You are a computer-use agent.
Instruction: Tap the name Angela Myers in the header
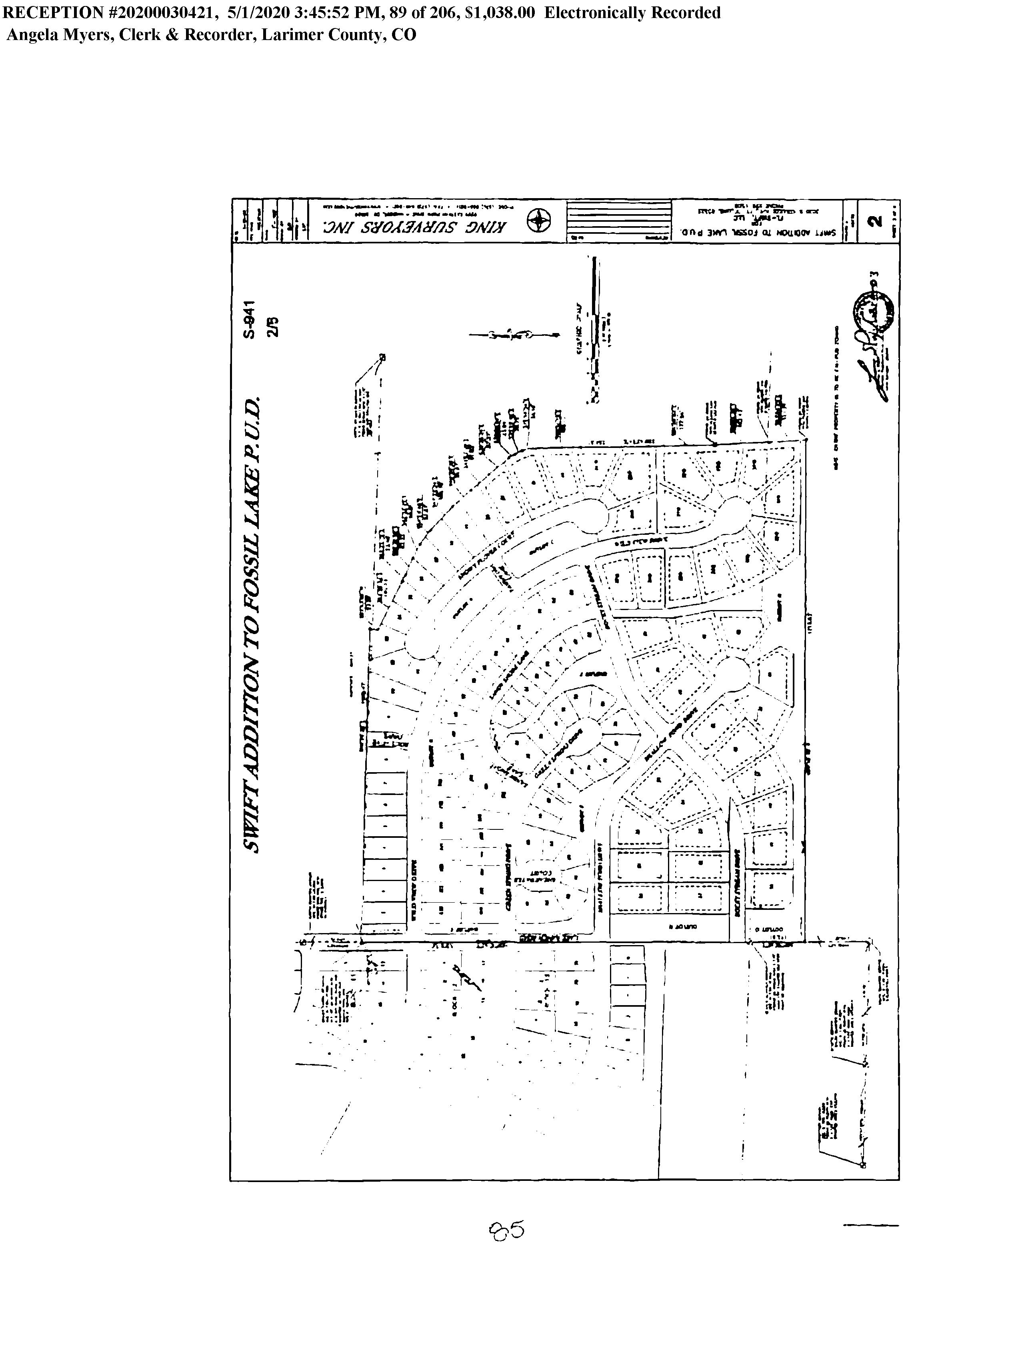58,34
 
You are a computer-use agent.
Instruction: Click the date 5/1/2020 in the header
256,13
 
